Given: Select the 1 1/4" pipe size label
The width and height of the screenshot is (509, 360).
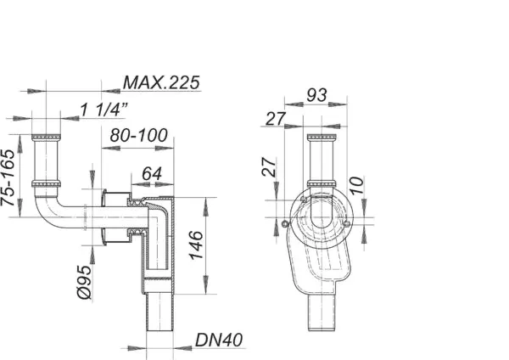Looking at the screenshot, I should pyautogui.click(x=104, y=108).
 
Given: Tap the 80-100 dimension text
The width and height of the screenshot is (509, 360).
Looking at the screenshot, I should pyautogui.click(x=137, y=135).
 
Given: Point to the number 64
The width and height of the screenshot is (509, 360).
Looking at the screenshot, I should pyautogui.click(x=153, y=174).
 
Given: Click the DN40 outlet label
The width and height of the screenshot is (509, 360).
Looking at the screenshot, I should pyautogui.click(x=218, y=340).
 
